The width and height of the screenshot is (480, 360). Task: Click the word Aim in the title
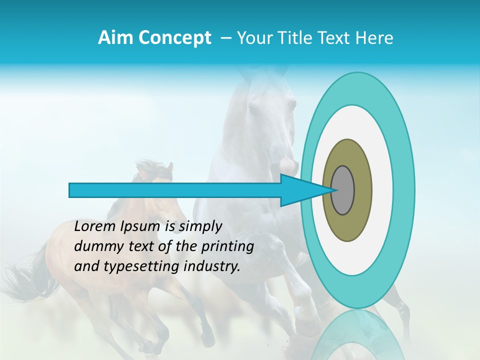tap(116, 38)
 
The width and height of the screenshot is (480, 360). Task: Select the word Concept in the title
tap(175, 38)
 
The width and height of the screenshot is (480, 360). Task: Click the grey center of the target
tap(343, 190)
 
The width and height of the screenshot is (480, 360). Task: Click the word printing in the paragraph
tap(227, 247)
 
